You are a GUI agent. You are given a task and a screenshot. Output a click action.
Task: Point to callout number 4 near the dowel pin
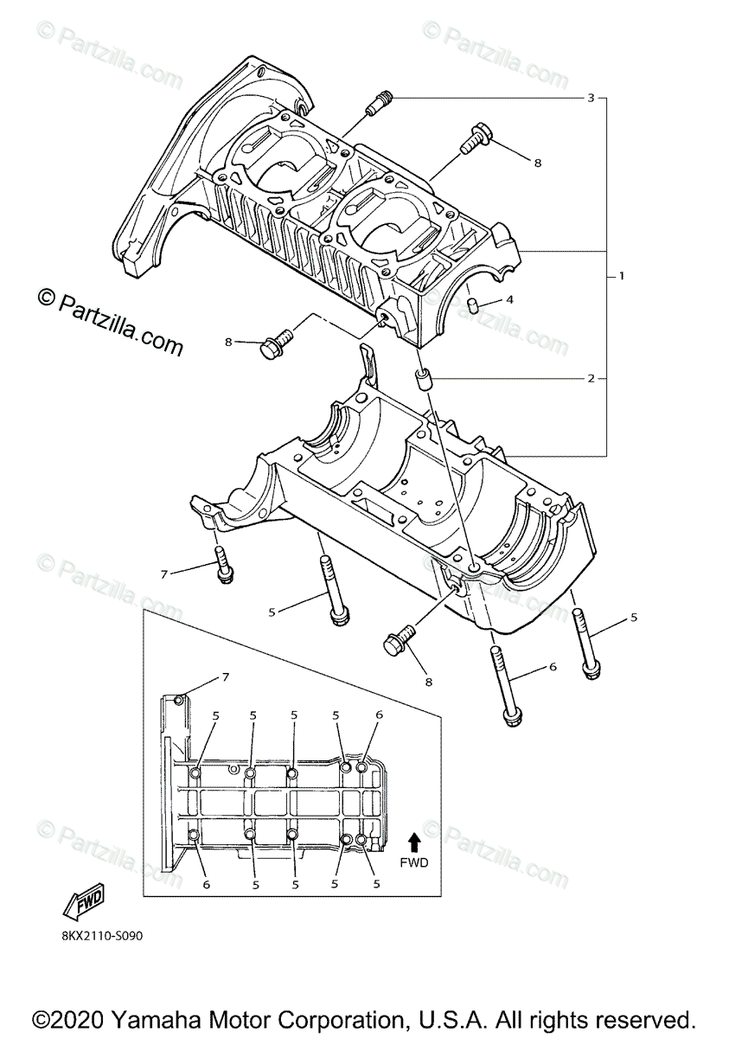pos(509,301)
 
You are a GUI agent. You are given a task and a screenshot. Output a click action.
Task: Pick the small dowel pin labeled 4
pos(474,304)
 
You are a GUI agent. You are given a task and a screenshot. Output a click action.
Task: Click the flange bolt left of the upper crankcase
pos(277,345)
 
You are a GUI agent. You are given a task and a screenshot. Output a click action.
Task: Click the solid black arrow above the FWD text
pos(414,839)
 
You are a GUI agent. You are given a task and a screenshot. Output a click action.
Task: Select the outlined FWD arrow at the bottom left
pos(84,903)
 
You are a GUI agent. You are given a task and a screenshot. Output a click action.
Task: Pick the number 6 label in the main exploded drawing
pos(553,667)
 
